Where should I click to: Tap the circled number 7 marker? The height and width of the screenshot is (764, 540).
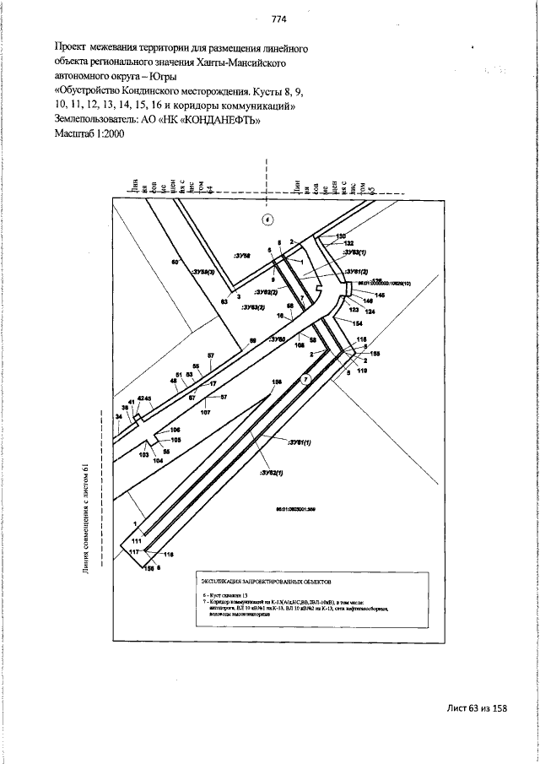(306, 381)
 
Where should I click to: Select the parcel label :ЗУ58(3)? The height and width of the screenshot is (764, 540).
(203, 272)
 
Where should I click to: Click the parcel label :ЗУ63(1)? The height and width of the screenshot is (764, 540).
(354, 252)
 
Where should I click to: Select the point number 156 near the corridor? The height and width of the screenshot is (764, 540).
(276, 382)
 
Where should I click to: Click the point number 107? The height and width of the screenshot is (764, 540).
(205, 412)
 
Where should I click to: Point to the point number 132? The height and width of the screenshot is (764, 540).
(349, 243)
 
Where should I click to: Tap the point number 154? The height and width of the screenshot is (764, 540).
(357, 324)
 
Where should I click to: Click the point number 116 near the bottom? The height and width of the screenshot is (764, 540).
(167, 554)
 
